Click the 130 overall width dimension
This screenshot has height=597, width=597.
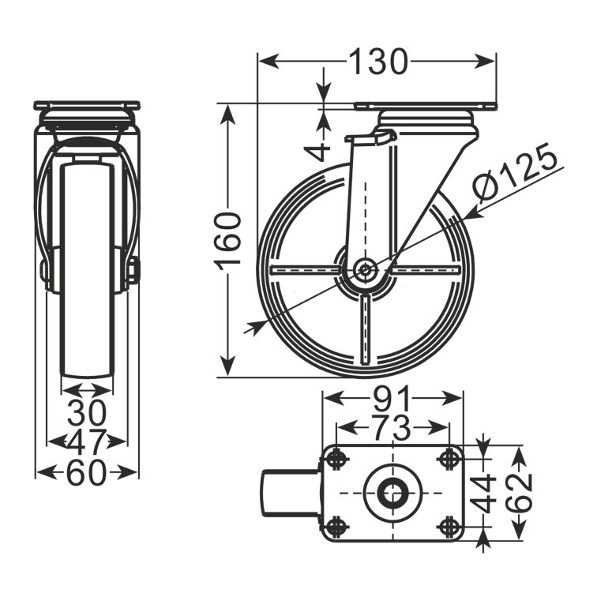point(378,62)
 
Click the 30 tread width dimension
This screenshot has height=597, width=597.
point(87,413)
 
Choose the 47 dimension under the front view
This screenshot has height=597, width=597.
point(86,441)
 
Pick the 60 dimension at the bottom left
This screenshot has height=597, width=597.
point(86,473)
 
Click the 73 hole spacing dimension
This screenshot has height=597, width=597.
point(392,427)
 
